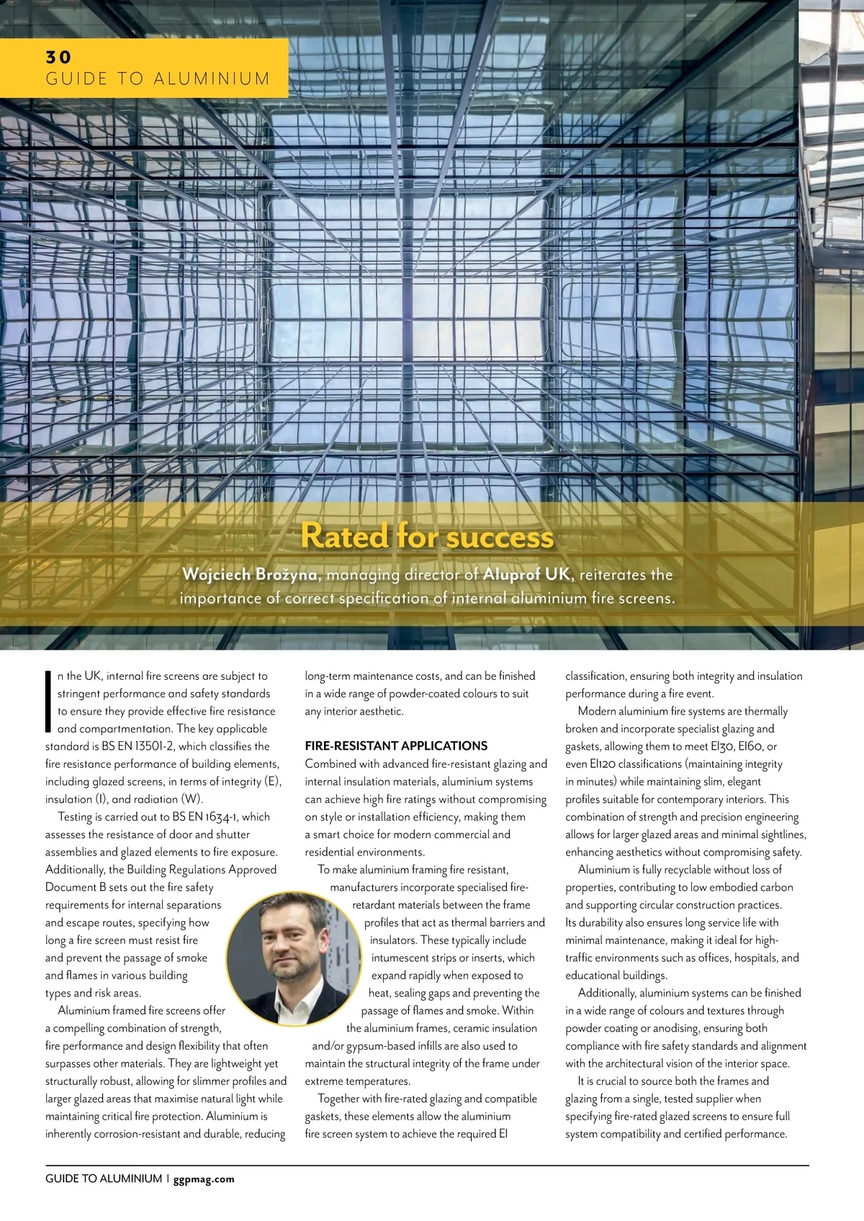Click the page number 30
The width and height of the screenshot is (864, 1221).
[x=58, y=57]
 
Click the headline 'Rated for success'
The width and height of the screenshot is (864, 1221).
[x=427, y=536]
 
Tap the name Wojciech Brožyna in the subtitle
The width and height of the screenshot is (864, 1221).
[x=249, y=574]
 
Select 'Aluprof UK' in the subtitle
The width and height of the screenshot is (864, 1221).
[x=526, y=574]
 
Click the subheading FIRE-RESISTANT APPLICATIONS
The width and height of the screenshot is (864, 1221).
[x=396, y=746]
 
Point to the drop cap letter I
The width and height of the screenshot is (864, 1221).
[x=48, y=702]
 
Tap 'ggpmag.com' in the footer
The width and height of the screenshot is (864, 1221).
[x=204, y=1179]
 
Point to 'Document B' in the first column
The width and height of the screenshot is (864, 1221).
[x=76, y=887]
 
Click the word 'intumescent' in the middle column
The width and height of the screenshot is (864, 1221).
[x=400, y=958]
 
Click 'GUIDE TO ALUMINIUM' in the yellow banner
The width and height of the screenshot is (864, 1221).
[x=158, y=78]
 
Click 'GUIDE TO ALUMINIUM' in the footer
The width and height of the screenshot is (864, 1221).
[x=104, y=1179]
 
